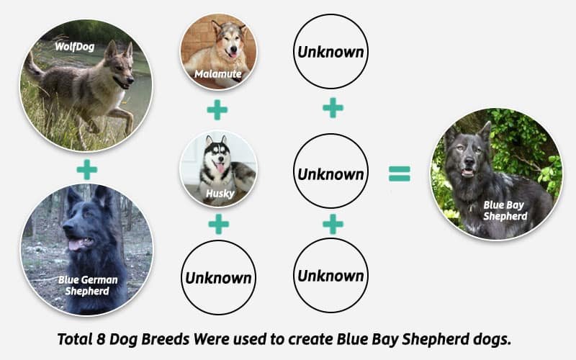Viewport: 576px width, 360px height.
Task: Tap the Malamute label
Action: click(x=217, y=73)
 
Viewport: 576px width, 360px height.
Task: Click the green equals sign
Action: click(x=400, y=174)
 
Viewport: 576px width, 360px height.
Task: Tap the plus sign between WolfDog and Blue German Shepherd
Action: click(x=86, y=170)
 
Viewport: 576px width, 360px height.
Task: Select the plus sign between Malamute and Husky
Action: click(x=217, y=110)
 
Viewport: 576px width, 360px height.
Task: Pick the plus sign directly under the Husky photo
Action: click(x=217, y=224)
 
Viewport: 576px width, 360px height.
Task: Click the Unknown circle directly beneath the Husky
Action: click(x=219, y=277)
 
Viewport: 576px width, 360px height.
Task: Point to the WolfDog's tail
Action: click(x=33, y=66)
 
